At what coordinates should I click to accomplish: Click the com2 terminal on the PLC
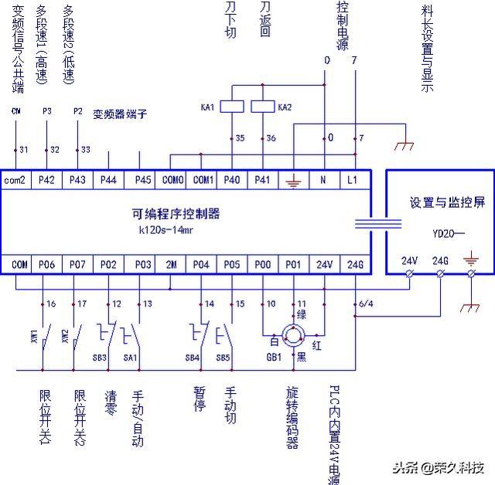(x=15, y=180)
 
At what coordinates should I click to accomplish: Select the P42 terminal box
(x=47, y=180)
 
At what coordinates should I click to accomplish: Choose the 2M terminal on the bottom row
(x=171, y=264)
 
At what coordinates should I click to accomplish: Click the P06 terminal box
(x=47, y=264)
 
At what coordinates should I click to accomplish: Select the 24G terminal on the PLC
(x=355, y=264)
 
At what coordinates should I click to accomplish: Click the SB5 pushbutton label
(x=224, y=358)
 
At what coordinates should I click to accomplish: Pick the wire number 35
(x=240, y=139)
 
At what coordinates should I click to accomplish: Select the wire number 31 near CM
(x=23, y=149)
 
